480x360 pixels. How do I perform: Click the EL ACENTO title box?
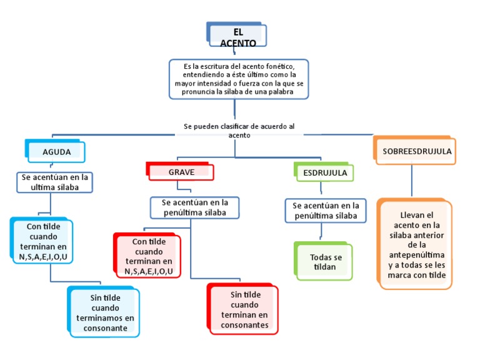coord(237,36)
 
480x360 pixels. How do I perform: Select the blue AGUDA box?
coord(56,152)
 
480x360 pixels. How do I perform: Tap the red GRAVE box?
coord(181,172)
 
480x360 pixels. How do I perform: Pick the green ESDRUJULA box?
coord(325,172)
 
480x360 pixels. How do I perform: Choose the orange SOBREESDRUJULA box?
coord(417,151)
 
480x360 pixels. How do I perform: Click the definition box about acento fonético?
coord(238,79)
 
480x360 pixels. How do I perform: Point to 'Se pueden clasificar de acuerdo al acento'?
coord(239,130)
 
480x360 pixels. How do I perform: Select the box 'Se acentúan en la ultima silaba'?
coord(55,182)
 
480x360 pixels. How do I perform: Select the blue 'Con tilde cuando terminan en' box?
coord(42,241)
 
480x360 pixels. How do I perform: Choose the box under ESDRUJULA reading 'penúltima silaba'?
coord(326,211)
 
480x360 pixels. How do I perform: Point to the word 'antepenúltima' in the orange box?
coord(416,255)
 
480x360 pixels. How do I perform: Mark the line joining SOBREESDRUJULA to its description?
coord(412,181)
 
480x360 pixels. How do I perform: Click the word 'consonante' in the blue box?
coord(113,327)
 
